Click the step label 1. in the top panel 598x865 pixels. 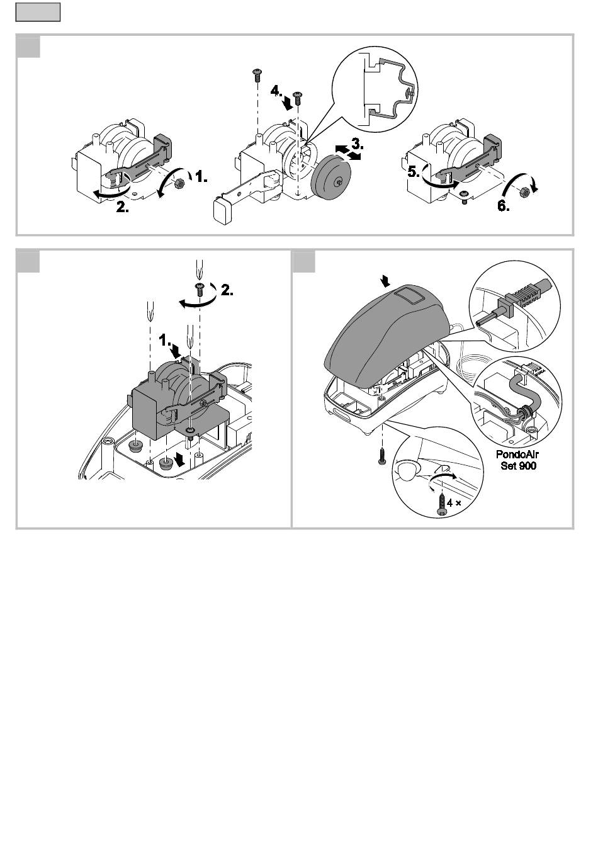(x=201, y=178)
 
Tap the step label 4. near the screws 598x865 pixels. (x=278, y=91)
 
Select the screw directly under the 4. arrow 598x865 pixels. (x=298, y=96)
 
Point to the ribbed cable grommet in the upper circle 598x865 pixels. (x=522, y=295)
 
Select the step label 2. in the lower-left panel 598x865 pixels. (x=227, y=292)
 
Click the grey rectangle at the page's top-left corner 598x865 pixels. (x=38, y=12)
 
